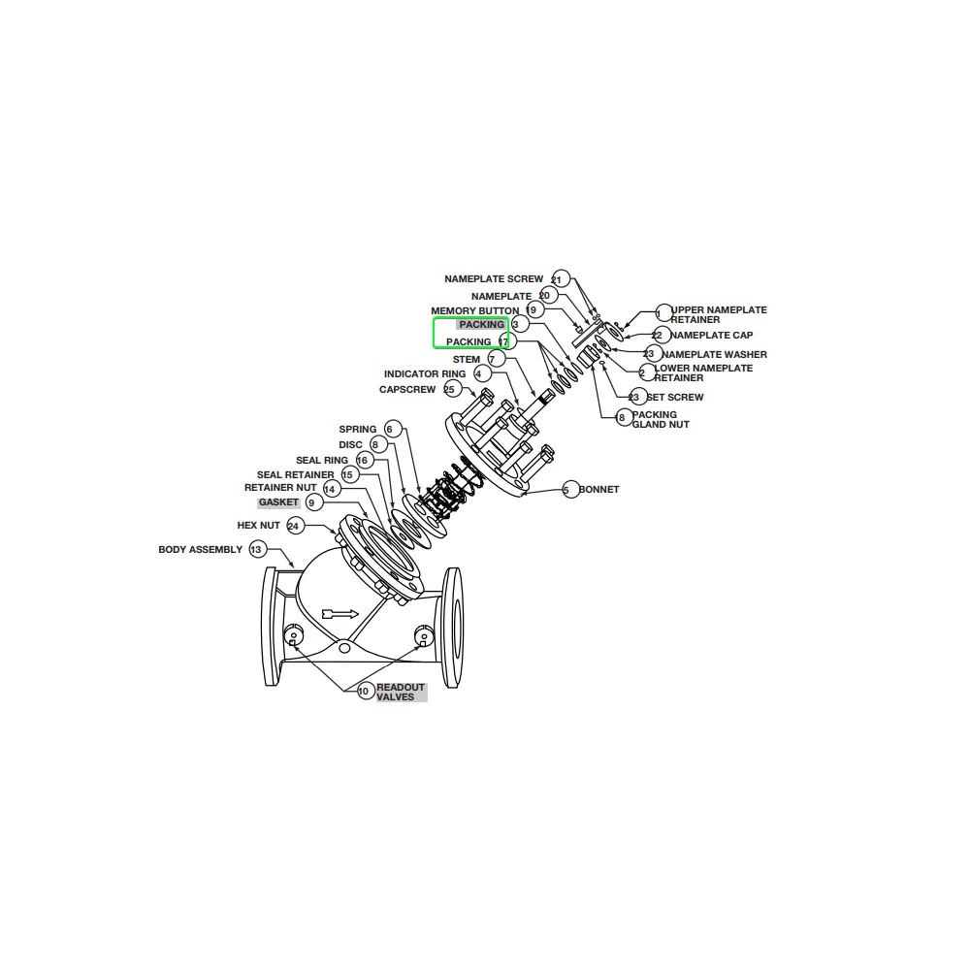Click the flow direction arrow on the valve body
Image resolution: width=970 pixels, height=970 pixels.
339,613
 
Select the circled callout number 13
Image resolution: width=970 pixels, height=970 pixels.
256,550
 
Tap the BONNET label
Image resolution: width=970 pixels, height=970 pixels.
598,490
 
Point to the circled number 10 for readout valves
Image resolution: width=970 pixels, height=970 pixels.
364,692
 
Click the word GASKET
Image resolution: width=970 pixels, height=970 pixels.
278,502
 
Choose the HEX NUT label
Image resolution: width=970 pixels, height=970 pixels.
258,526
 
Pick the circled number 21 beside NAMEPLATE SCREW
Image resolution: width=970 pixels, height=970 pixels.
558,279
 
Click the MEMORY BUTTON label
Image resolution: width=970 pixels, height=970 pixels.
474,311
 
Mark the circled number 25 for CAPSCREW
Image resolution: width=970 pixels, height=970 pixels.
449,390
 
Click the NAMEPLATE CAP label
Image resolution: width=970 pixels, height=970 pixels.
711,336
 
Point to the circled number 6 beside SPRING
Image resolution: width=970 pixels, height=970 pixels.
390,429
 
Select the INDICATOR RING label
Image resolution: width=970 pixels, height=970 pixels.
425,374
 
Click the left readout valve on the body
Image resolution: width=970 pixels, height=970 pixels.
292,636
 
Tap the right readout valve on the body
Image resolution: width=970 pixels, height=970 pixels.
422,635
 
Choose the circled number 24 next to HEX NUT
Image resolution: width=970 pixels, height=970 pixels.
294,526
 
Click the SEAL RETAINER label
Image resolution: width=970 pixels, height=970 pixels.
295,475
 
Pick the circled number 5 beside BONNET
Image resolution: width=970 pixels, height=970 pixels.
566,490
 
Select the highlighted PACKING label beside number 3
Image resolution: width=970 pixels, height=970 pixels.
482,325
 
